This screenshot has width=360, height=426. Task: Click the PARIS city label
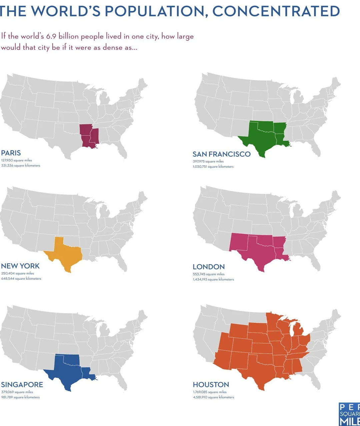(x=11, y=153)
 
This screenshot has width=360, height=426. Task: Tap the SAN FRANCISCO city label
(x=221, y=154)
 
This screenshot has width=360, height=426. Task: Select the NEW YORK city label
(x=20, y=266)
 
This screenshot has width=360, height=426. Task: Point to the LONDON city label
(x=209, y=267)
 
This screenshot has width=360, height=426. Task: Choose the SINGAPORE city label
(x=22, y=385)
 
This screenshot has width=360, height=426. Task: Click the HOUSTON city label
(x=211, y=385)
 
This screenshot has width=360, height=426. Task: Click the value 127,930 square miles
(x=17, y=160)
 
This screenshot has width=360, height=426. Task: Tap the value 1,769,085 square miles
(x=210, y=392)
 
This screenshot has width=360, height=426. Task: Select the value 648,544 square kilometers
(x=21, y=279)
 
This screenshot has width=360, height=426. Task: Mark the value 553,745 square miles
(x=209, y=274)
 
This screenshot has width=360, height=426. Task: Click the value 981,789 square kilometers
(x=20, y=397)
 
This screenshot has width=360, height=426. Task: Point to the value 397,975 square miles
(x=208, y=161)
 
